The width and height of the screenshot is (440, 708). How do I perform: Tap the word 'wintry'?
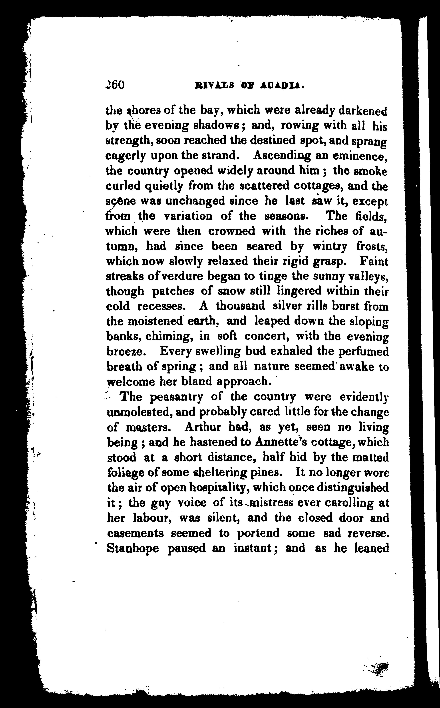point(330,247)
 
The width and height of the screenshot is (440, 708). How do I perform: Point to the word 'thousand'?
point(240,306)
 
